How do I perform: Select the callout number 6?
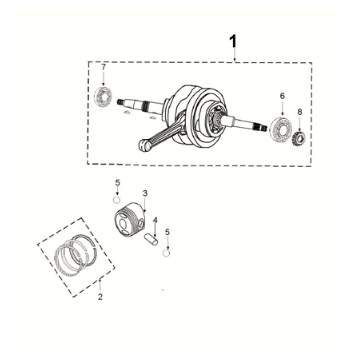coord(281,96)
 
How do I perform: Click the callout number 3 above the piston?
coord(146,193)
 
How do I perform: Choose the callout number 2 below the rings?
coord(100,297)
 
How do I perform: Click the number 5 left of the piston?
coord(117,183)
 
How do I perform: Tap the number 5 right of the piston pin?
coord(168,232)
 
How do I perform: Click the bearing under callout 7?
coord(104,97)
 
